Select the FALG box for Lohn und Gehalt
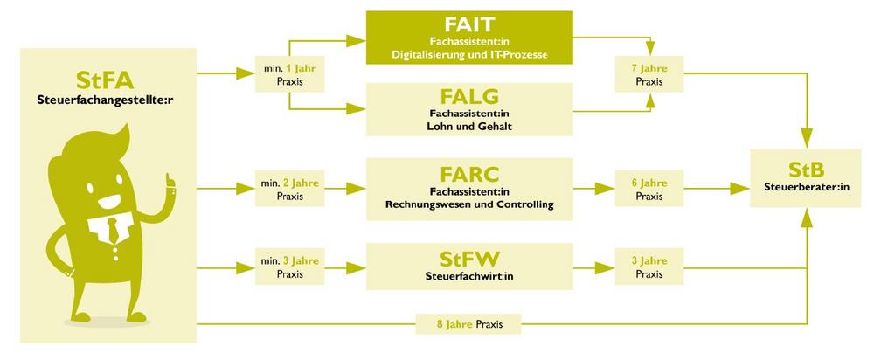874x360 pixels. [x=469, y=108]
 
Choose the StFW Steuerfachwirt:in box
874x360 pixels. [x=469, y=264]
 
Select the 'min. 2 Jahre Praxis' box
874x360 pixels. [x=288, y=190]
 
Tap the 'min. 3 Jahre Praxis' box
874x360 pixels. [x=288, y=267]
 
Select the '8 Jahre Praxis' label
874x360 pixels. [x=469, y=324]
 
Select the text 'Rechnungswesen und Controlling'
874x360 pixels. [x=469, y=205]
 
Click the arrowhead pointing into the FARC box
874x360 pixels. [x=359, y=188]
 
